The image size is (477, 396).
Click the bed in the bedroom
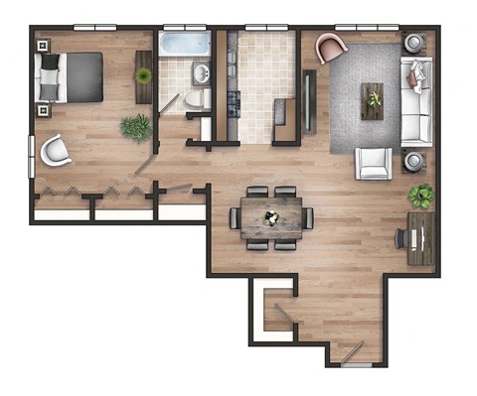72,76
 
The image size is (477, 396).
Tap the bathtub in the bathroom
186,45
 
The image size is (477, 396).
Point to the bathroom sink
201,72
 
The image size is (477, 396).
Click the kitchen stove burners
236,100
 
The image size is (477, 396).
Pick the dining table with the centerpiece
271,217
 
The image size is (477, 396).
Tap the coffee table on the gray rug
374,99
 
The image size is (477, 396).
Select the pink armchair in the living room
331,48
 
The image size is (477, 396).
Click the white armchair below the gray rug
375,162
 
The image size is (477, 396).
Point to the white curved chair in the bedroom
55,150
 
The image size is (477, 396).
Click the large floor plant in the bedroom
136,127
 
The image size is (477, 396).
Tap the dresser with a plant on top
144,76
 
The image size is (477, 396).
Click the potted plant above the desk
420,195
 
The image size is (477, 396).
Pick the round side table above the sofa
413,44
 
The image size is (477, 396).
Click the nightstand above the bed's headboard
42,45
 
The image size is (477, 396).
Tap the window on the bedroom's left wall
32,156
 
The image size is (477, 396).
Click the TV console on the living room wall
309,100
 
